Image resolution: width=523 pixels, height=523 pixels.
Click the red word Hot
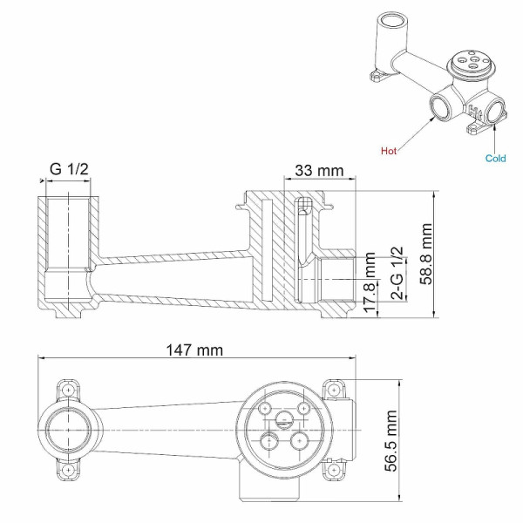tap(390, 150)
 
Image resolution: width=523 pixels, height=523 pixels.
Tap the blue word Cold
tap(496, 158)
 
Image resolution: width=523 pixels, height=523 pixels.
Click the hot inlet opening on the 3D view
tap(438, 109)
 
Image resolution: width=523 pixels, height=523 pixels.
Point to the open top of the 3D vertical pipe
tap(392, 22)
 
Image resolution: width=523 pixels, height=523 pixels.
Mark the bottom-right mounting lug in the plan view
tap(332, 472)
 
